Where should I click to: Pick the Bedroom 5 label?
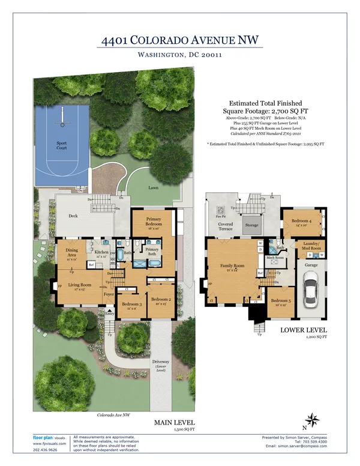point(280,303)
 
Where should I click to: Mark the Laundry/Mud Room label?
point(310,246)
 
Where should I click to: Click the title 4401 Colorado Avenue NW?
point(179,41)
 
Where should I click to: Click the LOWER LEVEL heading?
point(303,331)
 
